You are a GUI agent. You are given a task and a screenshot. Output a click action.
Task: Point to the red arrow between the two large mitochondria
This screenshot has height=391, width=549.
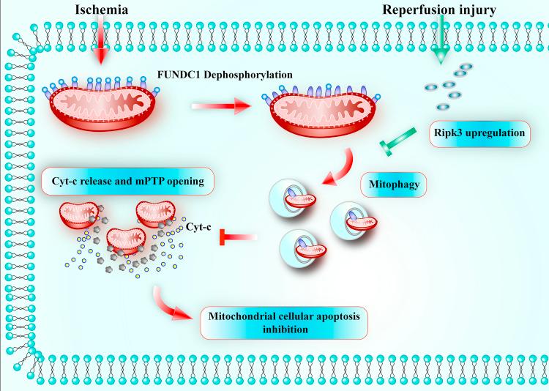(x=216, y=107)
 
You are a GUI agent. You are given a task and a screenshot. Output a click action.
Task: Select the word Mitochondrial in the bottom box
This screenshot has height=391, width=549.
(x=244, y=316)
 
